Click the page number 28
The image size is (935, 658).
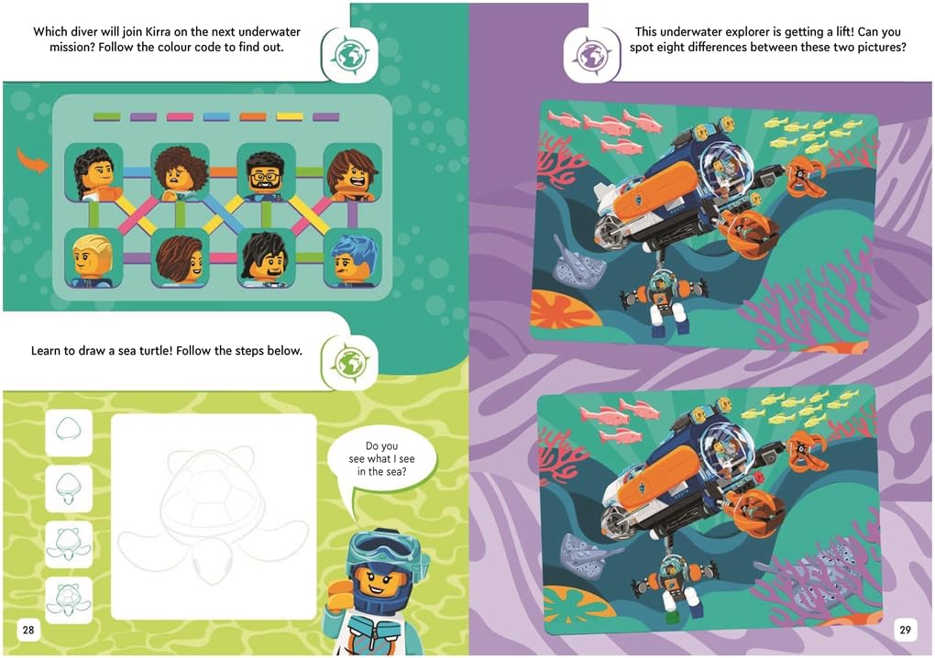pyautogui.click(x=28, y=630)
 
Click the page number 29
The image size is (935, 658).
pyautogui.click(x=905, y=630)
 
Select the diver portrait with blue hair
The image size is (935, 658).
pyautogui.click(x=353, y=258)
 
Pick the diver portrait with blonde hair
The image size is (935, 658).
pyautogui.click(x=93, y=258)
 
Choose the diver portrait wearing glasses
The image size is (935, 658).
pyautogui.click(x=267, y=171)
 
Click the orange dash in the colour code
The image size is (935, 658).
pyautogui.click(x=253, y=116)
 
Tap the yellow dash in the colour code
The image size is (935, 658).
pyautogui.click(x=290, y=116)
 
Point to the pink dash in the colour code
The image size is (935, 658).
pyautogui.click(x=180, y=116)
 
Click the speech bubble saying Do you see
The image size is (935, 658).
pyautogui.click(x=381, y=460)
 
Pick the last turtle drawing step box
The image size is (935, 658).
pyautogui.click(x=69, y=599)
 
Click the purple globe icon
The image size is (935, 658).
pyautogui.click(x=591, y=55)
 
